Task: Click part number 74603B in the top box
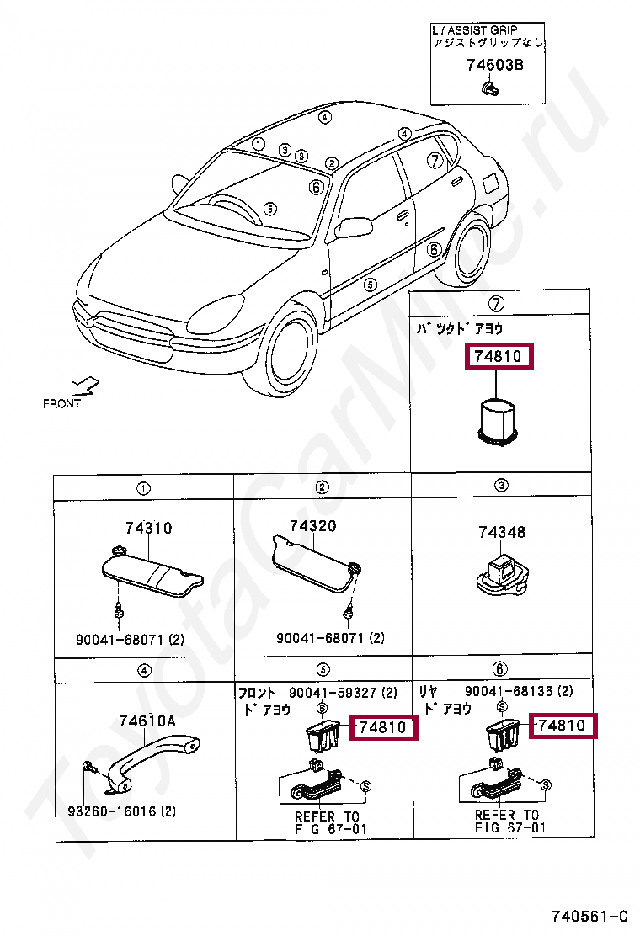click(x=494, y=65)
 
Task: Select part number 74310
click(x=148, y=528)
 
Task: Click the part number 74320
click(x=312, y=526)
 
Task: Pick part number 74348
click(x=502, y=532)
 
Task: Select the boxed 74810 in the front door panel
click(x=382, y=727)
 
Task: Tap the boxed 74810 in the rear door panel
click(x=562, y=725)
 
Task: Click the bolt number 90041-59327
click(x=333, y=693)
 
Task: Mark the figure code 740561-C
click(x=589, y=916)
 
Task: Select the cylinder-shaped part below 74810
click(x=499, y=421)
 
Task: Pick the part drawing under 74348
click(x=501, y=577)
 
